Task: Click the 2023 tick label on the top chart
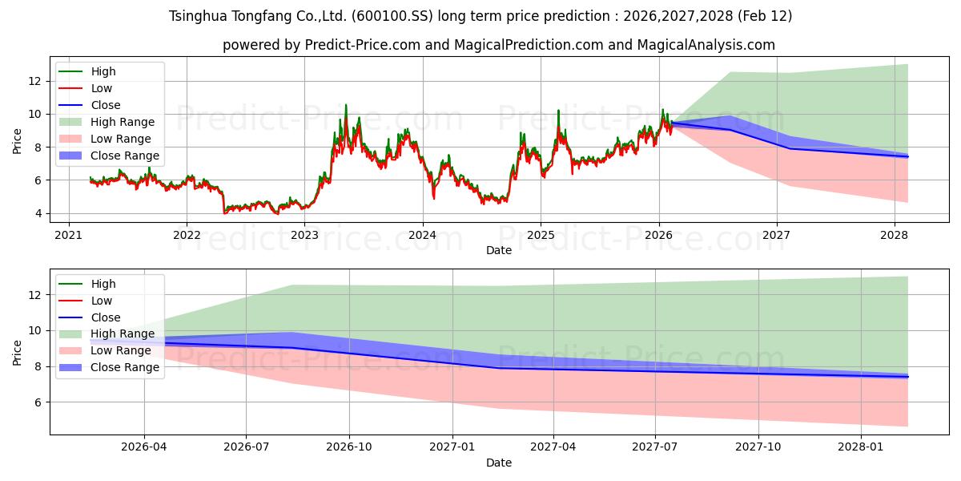[x=304, y=235]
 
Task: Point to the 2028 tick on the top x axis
[x=895, y=235]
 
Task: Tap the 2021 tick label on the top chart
[x=69, y=235]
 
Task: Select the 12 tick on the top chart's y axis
[x=34, y=81]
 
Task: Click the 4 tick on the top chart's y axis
[x=37, y=213]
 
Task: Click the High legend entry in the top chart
[x=103, y=71]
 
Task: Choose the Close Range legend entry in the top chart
[x=124, y=156]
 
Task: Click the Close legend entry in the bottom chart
[x=105, y=317]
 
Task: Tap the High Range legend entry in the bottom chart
[x=123, y=334]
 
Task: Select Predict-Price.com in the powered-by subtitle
[x=363, y=45]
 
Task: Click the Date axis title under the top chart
[x=498, y=250]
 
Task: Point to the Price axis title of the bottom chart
[x=18, y=353]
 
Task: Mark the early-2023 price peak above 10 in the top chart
[x=346, y=105]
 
